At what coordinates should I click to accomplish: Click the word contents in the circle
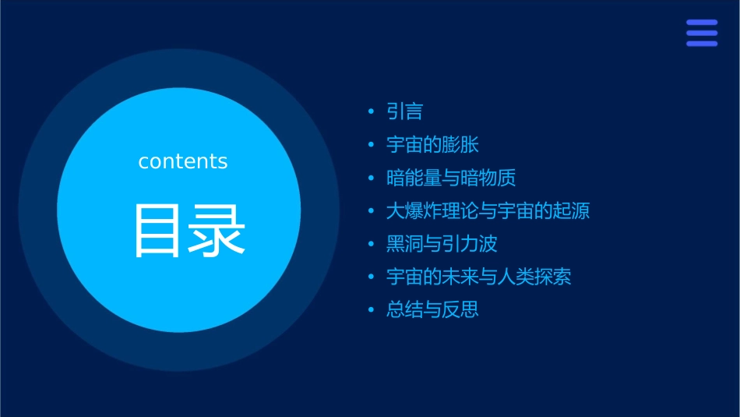click(183, 161)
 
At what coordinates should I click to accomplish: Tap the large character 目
click(157, 231)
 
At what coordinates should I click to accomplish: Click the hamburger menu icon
click(701, 34)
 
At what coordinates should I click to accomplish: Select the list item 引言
click(405, 112)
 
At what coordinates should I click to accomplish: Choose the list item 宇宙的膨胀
click(432, 145)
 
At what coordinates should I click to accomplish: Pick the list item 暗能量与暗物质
click(451, 178)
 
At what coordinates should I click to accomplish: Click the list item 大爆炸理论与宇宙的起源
click(488, 211)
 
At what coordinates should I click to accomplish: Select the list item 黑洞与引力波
click(442, 244)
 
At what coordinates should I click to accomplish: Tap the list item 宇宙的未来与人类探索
click(478, 277)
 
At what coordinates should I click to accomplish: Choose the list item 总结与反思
click(432, 309)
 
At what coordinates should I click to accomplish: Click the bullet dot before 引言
click(372, 112)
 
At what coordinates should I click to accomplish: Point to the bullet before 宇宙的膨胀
click(372, 145)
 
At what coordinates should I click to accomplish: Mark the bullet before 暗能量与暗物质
click(372, 178)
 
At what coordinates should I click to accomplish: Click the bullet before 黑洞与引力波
click(372, 244)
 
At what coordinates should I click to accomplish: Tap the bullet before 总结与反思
click(372, 310)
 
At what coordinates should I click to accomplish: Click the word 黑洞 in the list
click(405, 244)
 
